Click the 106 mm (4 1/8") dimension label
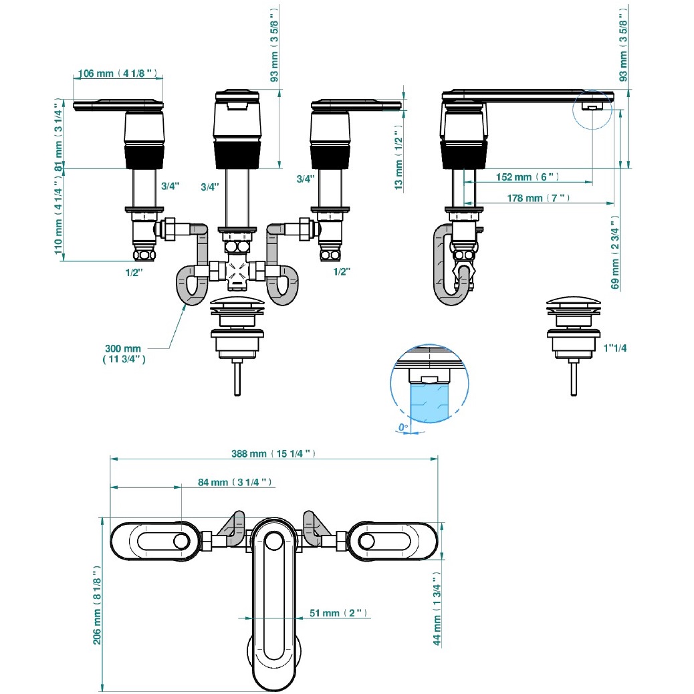pos(118,73)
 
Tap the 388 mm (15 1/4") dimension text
pos(273,454)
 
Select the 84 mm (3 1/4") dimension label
pos(235,482)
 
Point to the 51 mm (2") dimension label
pos(338,613)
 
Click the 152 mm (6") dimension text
pos(527,177)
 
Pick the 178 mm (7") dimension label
pos(538,198)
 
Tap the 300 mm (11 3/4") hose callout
pos(124,354)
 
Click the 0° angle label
pos(402,427)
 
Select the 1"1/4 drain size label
pos(615,348)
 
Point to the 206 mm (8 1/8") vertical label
pos(97,605)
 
